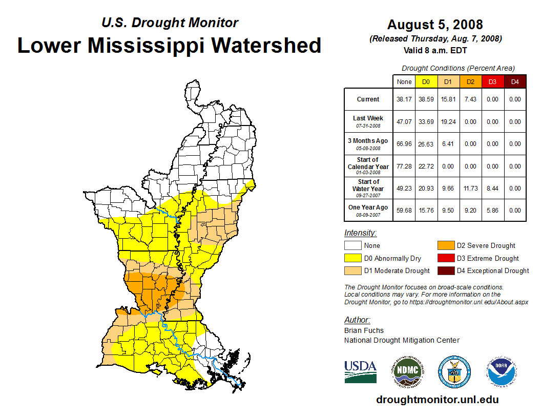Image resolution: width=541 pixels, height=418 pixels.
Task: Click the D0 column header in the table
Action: point(426,81)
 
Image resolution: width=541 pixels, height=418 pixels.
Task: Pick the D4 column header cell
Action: point(515,81)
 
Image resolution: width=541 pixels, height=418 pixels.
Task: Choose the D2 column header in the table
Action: point(470,81)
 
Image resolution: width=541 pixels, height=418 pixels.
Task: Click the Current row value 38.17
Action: point(404,99)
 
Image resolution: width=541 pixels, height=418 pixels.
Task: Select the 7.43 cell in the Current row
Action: point(470,99)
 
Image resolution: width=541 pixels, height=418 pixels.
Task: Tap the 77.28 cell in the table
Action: point(404,166)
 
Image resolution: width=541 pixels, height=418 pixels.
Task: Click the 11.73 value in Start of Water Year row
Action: point(470,189)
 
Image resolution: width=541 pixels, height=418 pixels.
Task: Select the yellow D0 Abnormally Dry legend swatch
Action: point(353,258)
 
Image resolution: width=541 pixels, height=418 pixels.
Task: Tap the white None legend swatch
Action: point(353,246)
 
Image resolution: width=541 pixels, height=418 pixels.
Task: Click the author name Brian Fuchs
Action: point(364,330)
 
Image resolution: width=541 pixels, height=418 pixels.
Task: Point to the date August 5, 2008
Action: point(435,25)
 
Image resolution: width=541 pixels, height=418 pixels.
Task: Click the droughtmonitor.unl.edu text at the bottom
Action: point(437,400)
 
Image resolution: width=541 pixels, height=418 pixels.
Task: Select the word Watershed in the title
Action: point(266,45)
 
